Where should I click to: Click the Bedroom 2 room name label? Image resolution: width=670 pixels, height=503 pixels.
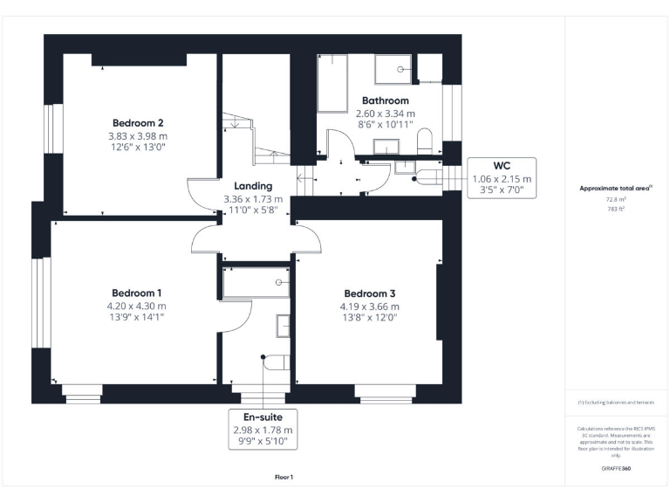[138, 123]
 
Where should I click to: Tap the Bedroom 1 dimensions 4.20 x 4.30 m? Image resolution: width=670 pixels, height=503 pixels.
[137, 306]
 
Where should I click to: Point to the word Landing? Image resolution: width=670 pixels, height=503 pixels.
[253, 186]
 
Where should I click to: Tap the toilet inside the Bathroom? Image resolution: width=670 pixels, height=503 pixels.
[425, 141]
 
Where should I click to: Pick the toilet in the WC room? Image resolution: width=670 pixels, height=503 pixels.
[426, 177]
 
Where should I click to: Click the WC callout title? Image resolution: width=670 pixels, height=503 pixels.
[501, 165]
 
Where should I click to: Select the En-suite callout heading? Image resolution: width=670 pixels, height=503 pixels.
[263, 417]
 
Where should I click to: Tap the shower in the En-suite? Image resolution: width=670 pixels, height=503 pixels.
[256, 282]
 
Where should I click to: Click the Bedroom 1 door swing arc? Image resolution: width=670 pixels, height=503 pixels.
[206, 238]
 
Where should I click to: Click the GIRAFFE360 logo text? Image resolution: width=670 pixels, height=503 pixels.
[616, 469]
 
